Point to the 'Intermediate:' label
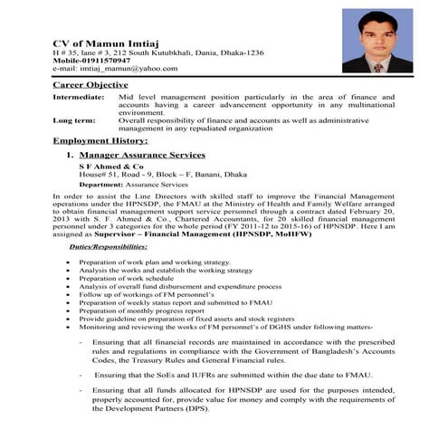click(x=78, y=96)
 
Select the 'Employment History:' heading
click(x=100, y=141)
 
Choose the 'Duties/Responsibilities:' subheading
click(x=113, y=246)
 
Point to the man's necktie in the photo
click(x=377, y=67)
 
